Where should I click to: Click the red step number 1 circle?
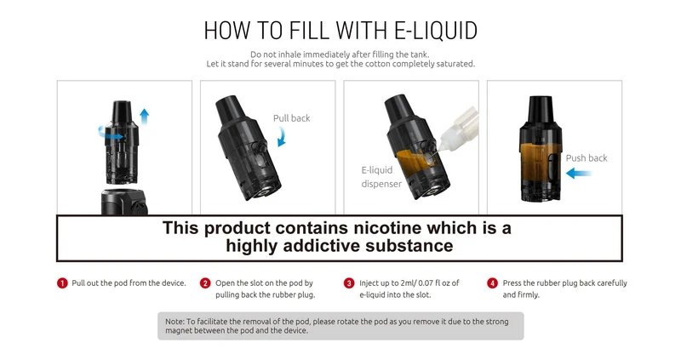[x=62, y=283]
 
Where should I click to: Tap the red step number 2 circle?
[x=205, y=283]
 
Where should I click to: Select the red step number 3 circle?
[x=349, y=283]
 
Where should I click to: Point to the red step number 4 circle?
[x=492, y=283]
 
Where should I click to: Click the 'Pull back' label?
[x=291, y=118]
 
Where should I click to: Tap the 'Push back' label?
[x=587, y=158]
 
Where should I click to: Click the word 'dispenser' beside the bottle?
[x=381, y=184]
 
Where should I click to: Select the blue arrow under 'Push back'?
[x=579, y=174]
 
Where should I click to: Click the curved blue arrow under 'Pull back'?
[x=283, y=138]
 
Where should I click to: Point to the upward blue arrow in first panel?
[x=144, y=117]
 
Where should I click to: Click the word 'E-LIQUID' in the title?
[x=436, y=31]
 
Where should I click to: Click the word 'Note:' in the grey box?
[x=175, y=322]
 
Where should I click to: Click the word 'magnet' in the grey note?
[x=179, y=330]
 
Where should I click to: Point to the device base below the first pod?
[x=124, y=202]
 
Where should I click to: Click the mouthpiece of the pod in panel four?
[x=541, y=110]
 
